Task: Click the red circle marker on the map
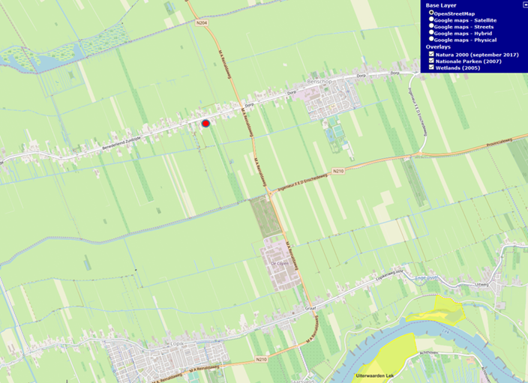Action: [x=205, y=123]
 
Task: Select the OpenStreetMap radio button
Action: [x=430, y=13]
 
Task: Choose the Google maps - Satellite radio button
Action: [x=430, y=19]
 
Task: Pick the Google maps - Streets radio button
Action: [x=430, y=26]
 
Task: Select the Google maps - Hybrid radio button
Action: [x=430, y=33]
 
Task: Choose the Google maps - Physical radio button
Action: [x=430, y=40]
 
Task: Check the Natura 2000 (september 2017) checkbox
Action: [x=430, y=54]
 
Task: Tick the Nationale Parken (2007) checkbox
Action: [x=430, y=61]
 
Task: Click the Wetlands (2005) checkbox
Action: [x=430, y=67]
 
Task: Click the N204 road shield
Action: [x=201, y=24]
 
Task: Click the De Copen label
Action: [x=279, y=264]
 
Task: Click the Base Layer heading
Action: [x=441, y=5]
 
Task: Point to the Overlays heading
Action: [x=438, y=46]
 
